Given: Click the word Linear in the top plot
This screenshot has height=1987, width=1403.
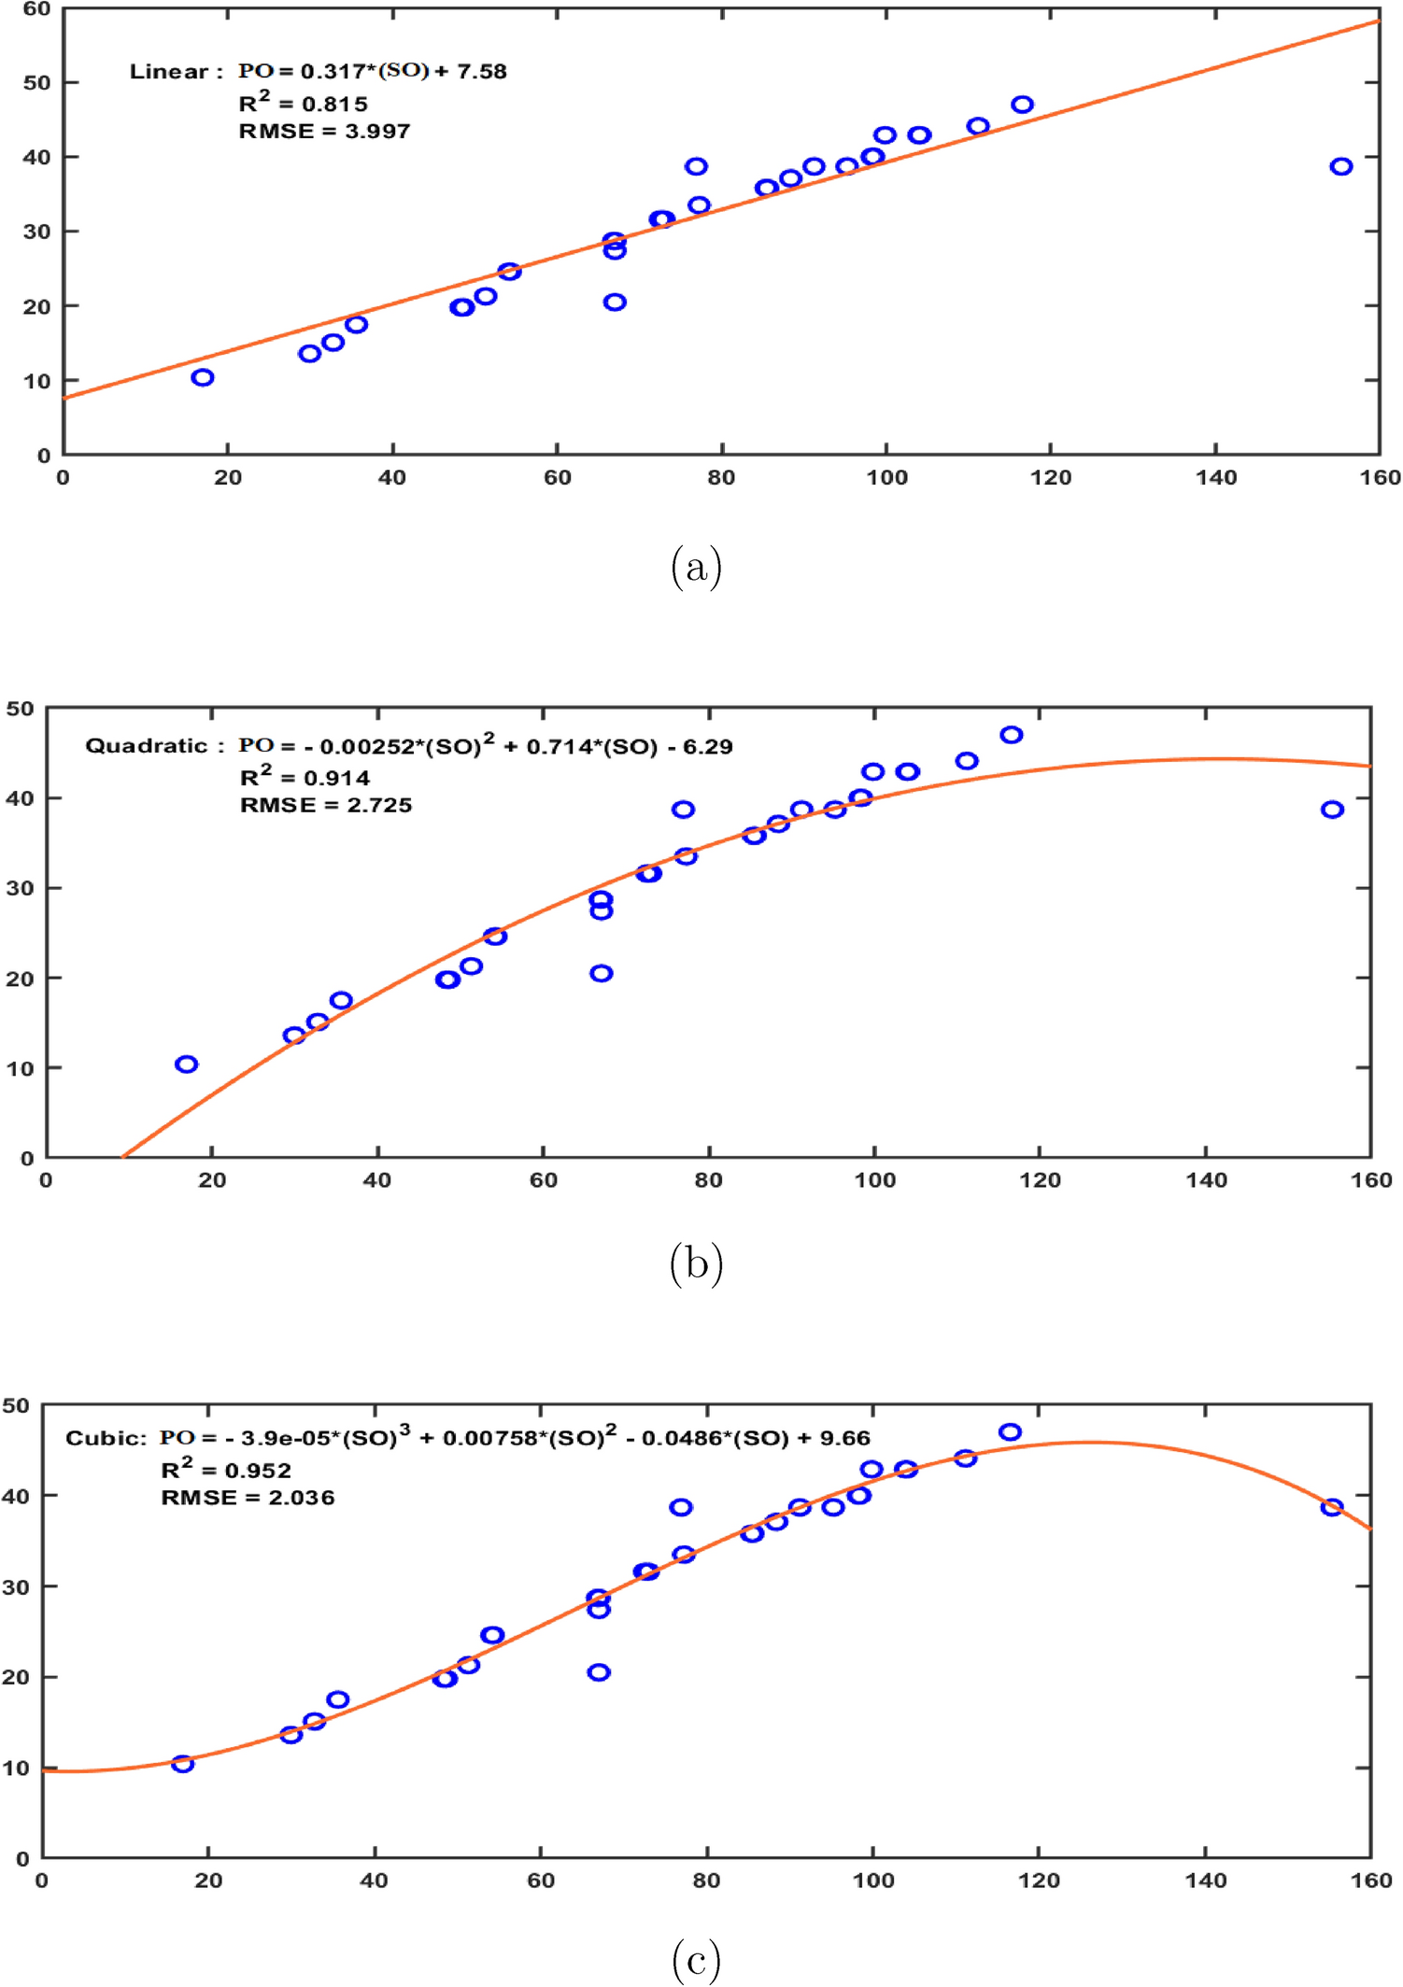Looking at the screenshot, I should click(168, 72).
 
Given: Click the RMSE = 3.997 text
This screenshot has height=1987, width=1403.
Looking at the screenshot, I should click(324, 132).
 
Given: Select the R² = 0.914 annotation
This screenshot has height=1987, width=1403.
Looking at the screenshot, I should click(305, 777).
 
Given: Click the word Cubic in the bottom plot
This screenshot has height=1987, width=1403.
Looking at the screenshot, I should click(103, 1439).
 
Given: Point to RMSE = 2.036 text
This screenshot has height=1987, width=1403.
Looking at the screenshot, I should click(248, 1498).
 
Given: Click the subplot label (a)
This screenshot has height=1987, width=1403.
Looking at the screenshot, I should click(696, 567).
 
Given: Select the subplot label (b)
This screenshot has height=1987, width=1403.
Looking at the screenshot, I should click(696, 1263).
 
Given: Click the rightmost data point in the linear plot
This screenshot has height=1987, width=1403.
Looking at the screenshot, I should click(1341, 166).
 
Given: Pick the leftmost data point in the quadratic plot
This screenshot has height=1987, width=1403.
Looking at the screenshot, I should click(187, 1064).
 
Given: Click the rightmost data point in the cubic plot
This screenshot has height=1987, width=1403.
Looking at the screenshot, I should click(1332, 1507).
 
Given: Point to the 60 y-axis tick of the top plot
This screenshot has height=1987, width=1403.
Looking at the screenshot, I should click(35, 9).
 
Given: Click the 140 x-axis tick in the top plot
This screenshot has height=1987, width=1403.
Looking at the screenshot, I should click(1215, 478).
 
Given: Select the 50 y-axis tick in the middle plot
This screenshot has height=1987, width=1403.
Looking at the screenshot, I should click(21, 709).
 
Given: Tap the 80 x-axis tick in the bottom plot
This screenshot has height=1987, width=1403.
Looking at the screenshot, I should click(706, 1880).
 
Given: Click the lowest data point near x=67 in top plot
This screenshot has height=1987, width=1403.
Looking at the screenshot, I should click(615, 302).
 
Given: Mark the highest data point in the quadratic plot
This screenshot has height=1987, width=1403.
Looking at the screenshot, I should click(1012, 735).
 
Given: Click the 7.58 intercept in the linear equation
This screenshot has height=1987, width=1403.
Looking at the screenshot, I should click(481, 72).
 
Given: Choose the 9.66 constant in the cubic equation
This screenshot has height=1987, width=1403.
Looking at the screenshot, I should click(844, 1439).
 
